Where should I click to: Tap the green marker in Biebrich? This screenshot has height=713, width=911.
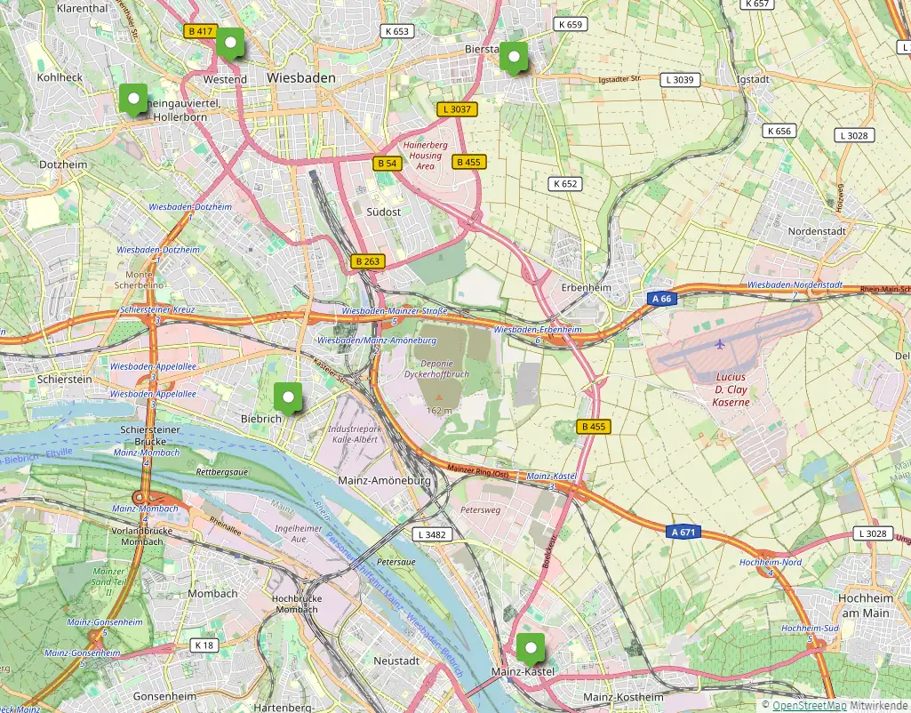[x=287, y=397]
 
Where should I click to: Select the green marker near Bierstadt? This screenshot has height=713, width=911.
[x=514, y=56]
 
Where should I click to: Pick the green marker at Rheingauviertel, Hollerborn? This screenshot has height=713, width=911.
[x=133, y=99]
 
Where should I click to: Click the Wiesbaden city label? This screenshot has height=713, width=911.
[x=301, y=78]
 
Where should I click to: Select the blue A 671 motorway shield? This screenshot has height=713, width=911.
[x=682, y=532]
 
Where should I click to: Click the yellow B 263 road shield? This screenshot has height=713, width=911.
[x=367, y=261]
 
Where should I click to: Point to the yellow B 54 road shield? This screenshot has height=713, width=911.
[x=387, y=164]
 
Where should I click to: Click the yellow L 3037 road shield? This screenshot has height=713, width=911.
[x=458, y=109]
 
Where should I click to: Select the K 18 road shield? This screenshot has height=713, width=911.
[x=204, y=645]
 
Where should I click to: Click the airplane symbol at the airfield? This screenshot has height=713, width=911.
[x=720, y=343]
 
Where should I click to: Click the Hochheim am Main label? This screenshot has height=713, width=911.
[x=864, y=605]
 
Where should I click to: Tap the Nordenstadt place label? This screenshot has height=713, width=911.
[x=818, y=231]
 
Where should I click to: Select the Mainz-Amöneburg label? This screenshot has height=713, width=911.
[x=385, y=481]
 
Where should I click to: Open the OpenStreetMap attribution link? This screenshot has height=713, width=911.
[x=809, y=704]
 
